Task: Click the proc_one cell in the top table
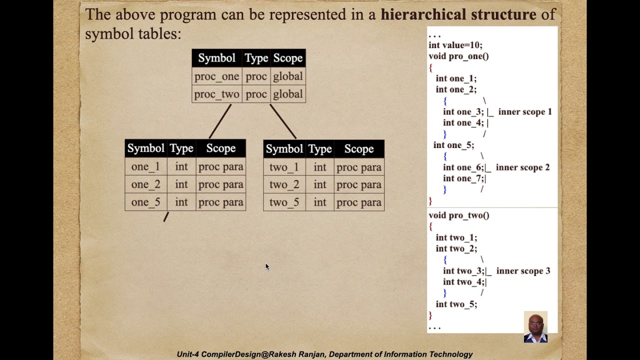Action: pyautogui.click(x=216, y=76)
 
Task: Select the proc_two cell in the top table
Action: pyautogui.click(x=216, y=94)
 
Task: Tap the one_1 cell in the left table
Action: pyautogui.click(x=145, y=167)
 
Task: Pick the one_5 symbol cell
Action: pyautogui.click(x=145, y=202)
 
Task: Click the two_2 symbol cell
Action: pyautogui.click(x=284, y=185)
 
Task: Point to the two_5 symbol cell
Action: pyautogui.click(x=284, y=202)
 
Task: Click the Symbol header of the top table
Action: pyautogui.click(x=216, y=58)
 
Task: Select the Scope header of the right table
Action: pyautogui.click(x=358, y=149)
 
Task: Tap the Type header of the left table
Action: pyautogui.click(x=181, y=148)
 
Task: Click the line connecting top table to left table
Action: pyautogui.click(x=220, y=121)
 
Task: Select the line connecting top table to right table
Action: pyautogui.click(x=283, y=121)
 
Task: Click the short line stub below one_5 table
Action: pyautogui.click(x=166, y=216)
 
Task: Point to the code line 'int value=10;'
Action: pyautogui.click(x=455, y=45)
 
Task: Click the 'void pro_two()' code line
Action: pyautogui.click(x=458, y=215)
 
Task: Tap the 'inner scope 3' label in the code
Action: pyautogui.click(x=523, y=271)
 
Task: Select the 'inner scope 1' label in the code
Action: pyautogui.click(x=525, y=112)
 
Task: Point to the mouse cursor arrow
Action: pyautogui.click(x=267, y=266)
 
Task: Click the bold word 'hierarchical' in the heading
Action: pyautogui.click(x=424, y=14)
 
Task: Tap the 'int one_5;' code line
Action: pyautogui.click(x=453, y=145)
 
